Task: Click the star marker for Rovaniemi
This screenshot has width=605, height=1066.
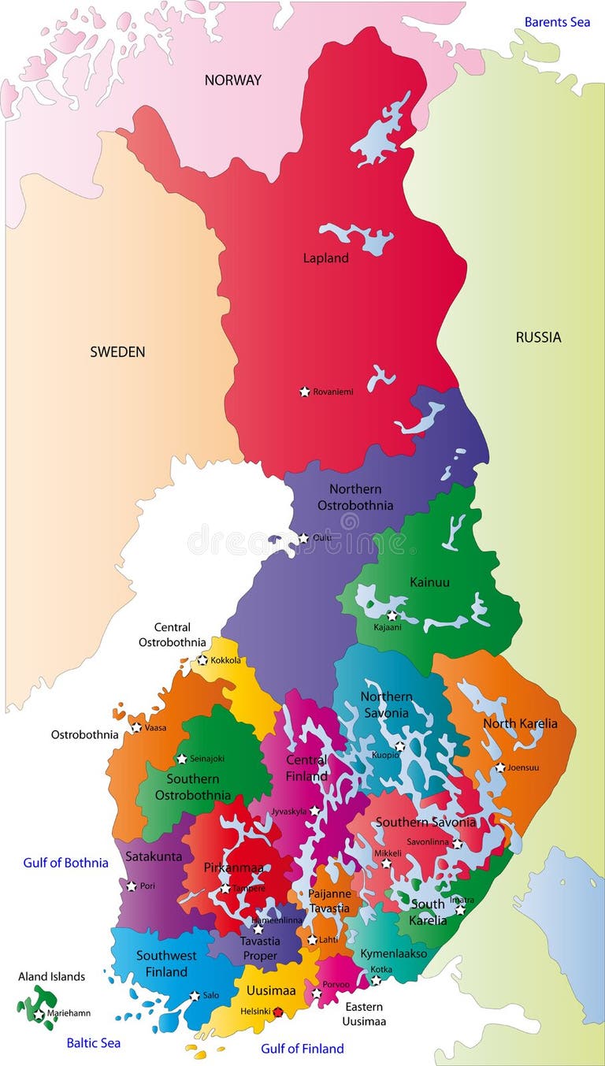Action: coord(305,392)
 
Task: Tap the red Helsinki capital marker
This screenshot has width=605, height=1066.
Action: coord(277,1012)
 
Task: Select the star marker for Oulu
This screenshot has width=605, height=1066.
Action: coord(303,538)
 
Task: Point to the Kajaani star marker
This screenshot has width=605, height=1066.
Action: coord(392,615)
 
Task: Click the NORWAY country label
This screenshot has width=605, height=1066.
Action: coord(232,80)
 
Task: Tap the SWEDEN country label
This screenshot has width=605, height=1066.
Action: coord(117,351)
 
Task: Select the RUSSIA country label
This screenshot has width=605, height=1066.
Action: coord(538,337)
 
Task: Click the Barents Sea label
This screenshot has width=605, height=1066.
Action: coord(557,22)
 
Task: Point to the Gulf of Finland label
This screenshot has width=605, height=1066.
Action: coord(302,1049)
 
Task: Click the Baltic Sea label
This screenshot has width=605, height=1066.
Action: coord(93,1043)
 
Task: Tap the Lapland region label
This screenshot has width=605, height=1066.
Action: coord(325,258)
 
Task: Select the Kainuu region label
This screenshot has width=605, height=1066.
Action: coord(429,582)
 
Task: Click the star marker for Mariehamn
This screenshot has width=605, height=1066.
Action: coord(39,1014)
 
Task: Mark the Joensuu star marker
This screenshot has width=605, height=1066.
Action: coord(500,767)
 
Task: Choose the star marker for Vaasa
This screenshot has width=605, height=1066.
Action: coord(136,728)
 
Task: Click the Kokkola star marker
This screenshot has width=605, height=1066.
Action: coord(202,660)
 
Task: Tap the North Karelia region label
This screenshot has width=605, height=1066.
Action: coord(520,723)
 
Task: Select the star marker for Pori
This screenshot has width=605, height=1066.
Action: coord(132,886)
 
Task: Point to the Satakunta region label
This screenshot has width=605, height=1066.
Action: coord(148,856)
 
